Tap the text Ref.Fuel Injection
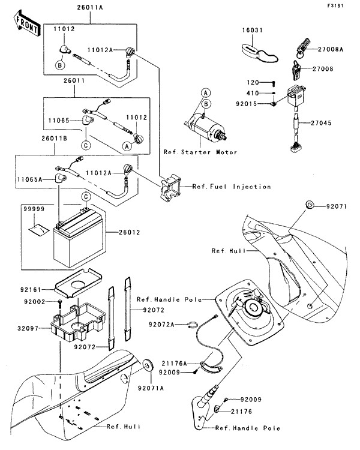coord(232,187)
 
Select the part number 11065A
coord(29,179)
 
